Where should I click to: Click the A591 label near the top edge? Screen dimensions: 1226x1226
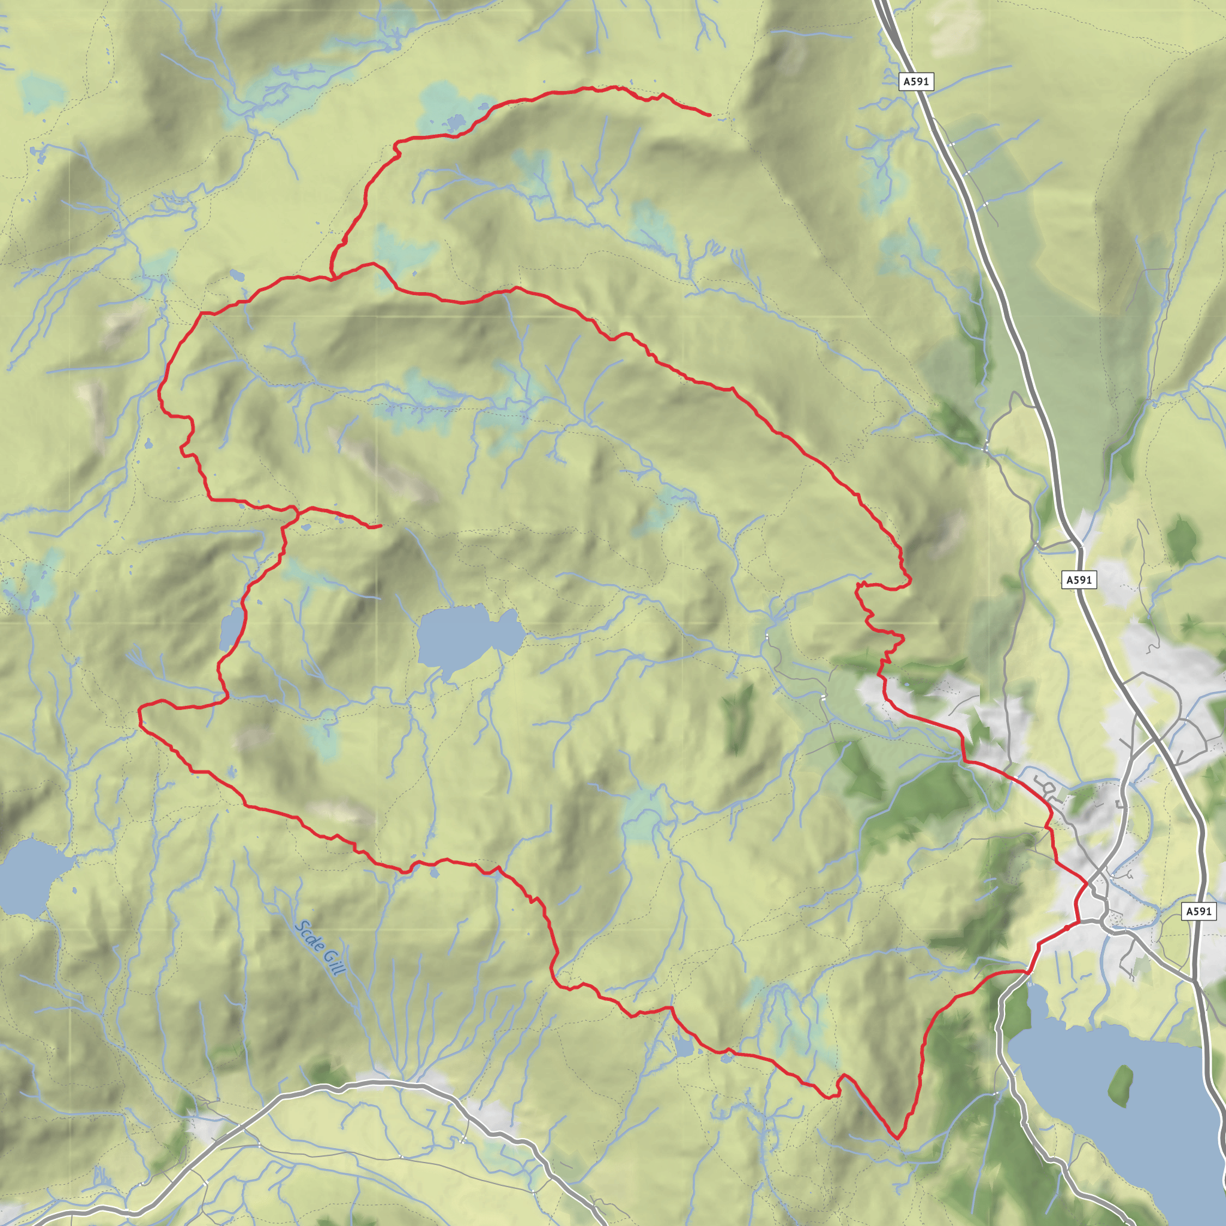pos(916,81)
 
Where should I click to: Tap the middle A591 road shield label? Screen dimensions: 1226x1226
pos(1079,579)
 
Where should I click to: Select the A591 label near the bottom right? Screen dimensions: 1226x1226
pos(1198,911)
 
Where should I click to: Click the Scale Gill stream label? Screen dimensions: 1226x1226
pos(320,948)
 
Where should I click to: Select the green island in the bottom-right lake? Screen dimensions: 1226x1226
pos(1121,1086)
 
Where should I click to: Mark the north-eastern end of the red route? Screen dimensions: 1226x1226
pos(709,115)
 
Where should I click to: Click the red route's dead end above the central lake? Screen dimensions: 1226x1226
pos(380,526)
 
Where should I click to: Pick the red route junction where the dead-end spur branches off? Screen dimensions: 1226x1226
pos(297,509)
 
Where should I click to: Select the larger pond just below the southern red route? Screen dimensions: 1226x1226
pos(684,1048)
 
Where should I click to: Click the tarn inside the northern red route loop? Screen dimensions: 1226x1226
pos(236,275)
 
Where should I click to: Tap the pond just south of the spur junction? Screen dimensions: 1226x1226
pos(306,527)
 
